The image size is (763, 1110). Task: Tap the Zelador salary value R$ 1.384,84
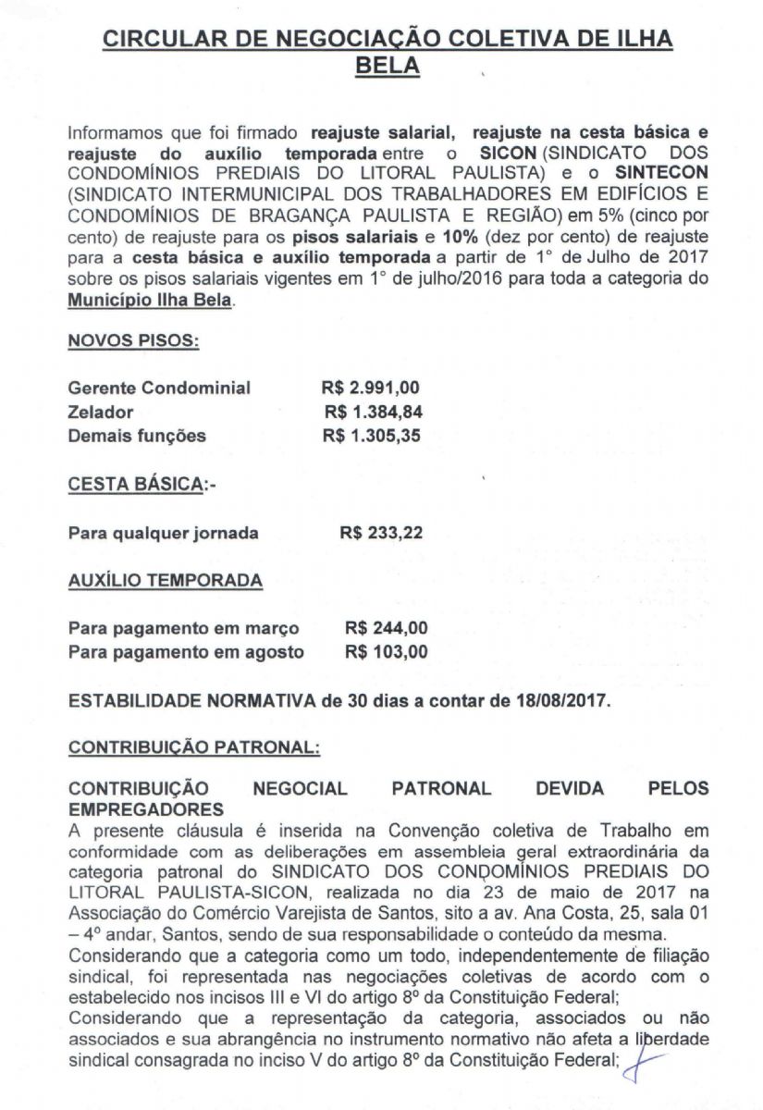pyautogui.click(x=373, y=412)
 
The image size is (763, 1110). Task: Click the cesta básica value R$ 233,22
pyautogui.click(x=382, y=533)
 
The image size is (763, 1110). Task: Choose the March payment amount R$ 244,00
pyautogui.click(x=386, y=628)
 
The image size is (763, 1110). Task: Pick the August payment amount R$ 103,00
pyautogui.click(x=386, y=652)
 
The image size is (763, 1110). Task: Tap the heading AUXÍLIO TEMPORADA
pyautogui.click(x=166, y=581)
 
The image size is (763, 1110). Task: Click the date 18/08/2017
pyautogui.click(x=563, y=700)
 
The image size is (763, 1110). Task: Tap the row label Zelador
pyautogui.click(x=101, y=412)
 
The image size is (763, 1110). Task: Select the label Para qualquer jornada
pyautogui.click(x=164, y=533)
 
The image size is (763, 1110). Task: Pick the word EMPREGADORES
pyautogui.click(x=140, y=808)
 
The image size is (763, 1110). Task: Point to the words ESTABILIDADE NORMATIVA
pyautogui.click(x=192, y=700)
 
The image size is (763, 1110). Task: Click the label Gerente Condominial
pyautogui.click(x=159, y=388)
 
